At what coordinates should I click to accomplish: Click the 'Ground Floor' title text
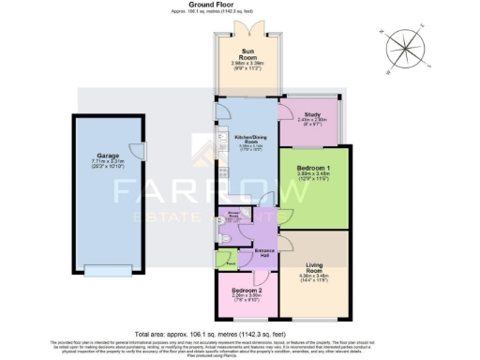tap(240, 6)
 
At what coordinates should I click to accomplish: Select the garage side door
tap(138, 150)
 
